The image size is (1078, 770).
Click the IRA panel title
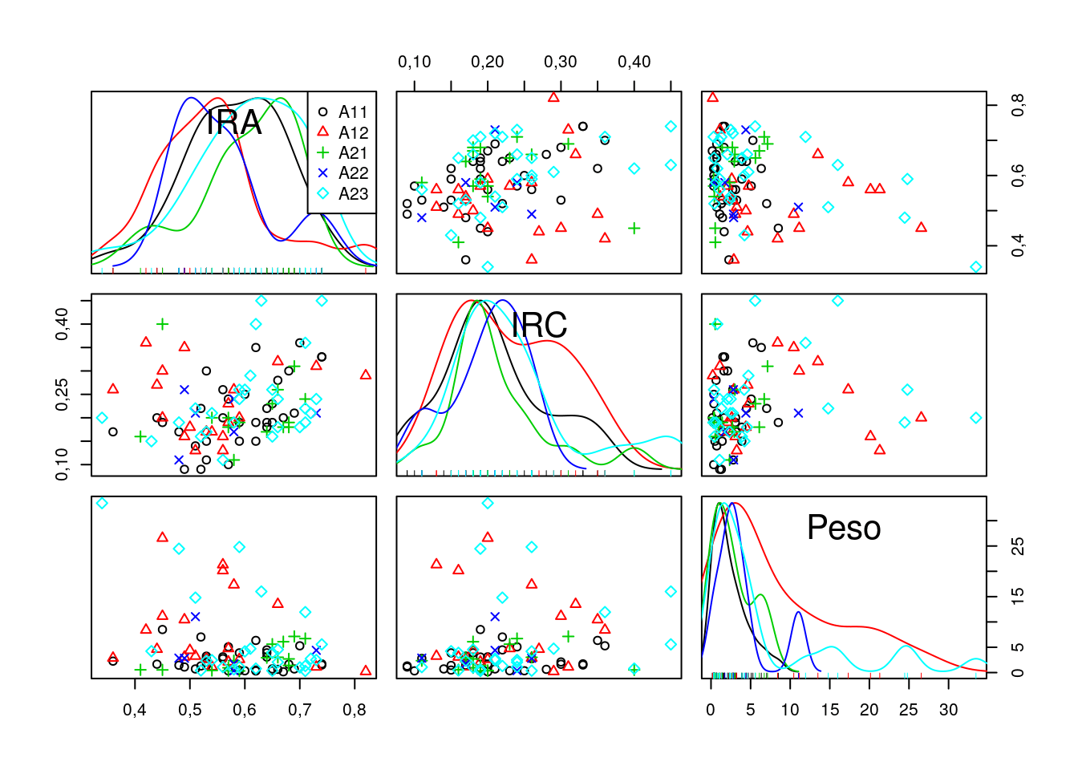click(x=233, y=123)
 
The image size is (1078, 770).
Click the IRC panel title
click(x=539, y=326)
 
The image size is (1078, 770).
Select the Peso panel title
click(x=844, y=528)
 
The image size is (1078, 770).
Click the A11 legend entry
click(x=352, y=112)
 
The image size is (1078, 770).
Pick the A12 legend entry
click(x=352, y=132)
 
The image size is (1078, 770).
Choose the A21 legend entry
click(x=352, y=152)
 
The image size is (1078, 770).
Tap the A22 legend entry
click(x=352, y=172)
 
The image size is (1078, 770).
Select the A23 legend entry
click(x=352, y=193)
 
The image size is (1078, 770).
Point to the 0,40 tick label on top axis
click(x=634, y=62)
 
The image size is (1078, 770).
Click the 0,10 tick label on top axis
click(x=415, y=62)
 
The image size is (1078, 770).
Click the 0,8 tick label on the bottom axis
click(x=355, y=710)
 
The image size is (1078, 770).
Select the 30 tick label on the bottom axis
click(x=948, y=710)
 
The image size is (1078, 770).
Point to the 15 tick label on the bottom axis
click(x=829, y=710)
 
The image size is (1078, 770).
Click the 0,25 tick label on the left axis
click(x=62, y=395)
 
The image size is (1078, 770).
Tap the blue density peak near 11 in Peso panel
click(x=798, y=614)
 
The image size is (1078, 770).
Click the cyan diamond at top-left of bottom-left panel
click(x=102, y=503)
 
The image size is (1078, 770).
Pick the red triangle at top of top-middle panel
click(x=553, y=97)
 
